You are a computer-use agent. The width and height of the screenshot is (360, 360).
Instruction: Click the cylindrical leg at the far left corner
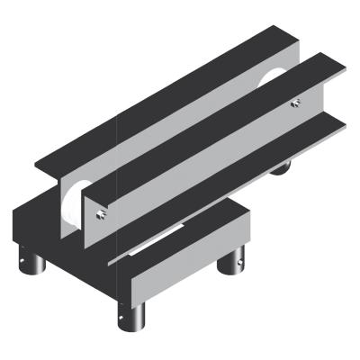pos(32,265)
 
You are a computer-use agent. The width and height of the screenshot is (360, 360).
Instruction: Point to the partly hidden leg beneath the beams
pos(282,167)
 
